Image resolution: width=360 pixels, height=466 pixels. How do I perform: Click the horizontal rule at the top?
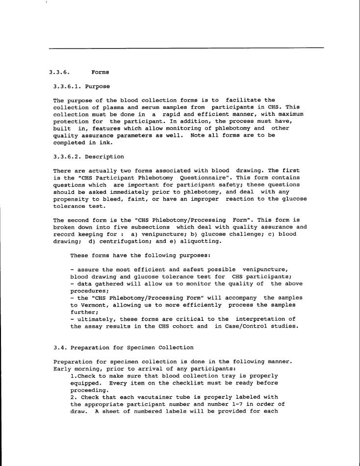click(186, 48)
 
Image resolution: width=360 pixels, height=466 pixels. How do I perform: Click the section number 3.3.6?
click(59, 73)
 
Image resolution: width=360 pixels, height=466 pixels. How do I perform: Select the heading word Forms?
click(100, 73)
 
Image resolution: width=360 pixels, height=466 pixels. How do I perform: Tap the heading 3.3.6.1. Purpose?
click(82, 86)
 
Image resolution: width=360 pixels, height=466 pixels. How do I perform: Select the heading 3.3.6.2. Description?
click(89, 157)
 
